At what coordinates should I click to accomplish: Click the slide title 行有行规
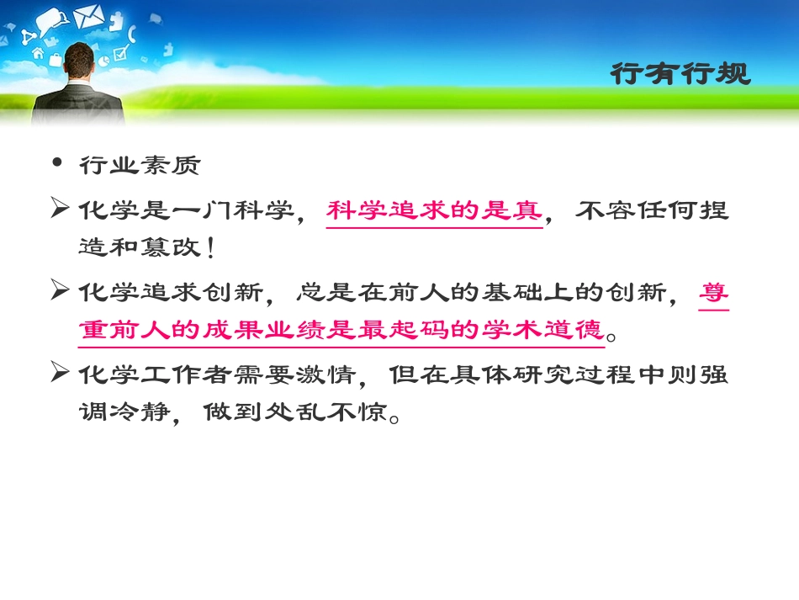coord(679,74)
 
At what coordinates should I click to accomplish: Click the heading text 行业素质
coord(140,165)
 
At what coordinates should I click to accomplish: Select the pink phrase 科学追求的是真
coord(434,210)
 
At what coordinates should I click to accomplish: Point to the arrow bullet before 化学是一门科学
coord(59,209)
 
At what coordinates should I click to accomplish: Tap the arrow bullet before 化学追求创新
coord(59,291)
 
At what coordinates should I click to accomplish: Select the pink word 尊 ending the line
coord(714,292)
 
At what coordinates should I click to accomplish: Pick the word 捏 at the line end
coord(714,210)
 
